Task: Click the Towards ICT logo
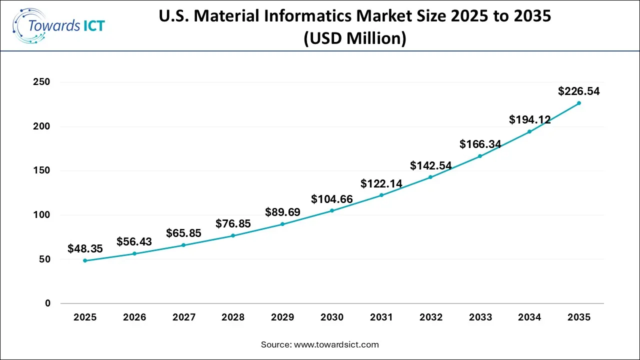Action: [x=59, y=25]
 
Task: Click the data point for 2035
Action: [x=579, y=103]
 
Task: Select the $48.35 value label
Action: [x=85, y=248]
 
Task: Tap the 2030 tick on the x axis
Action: [x=332, y=317]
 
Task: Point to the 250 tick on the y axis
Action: [x=41, y=82]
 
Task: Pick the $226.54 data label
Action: [x=579, y=91]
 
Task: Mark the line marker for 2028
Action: [x=233, y=235]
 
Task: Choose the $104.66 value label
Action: [x=332, y=199]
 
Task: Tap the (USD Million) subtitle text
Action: [x=355, y=38]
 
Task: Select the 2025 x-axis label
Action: [x=85, y=317]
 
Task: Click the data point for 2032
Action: [x=430, y=177]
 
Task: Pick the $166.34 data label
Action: [x=480, y=144]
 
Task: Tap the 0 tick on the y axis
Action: [x=47, y=303]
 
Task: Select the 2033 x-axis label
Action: [x=480, y=317]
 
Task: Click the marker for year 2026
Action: [x=134, y=253]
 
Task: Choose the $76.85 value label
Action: [x=233, y=224]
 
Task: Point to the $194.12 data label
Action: [x=529, y=120]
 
